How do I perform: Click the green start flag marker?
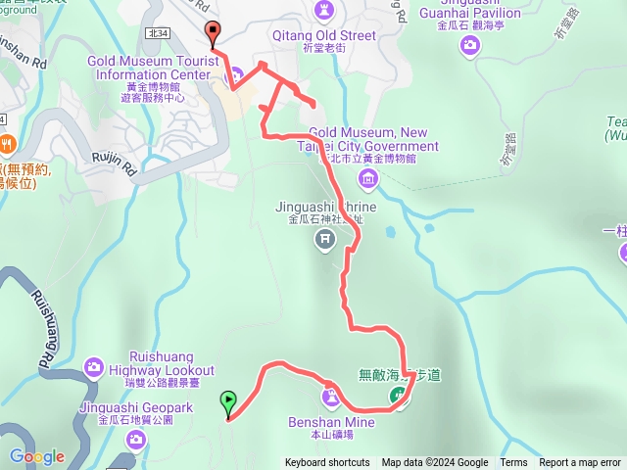point(228,399)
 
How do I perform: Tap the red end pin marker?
point(213,32)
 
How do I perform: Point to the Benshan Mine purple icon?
point(331,397)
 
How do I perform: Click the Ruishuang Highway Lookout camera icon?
point(93,367)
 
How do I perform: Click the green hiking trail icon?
point(399,396)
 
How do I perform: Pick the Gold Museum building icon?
point(367,177)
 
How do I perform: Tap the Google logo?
point(36,456)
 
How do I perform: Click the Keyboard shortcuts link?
point(327,463)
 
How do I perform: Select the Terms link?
point(513,463)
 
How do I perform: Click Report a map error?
point(580,463)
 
